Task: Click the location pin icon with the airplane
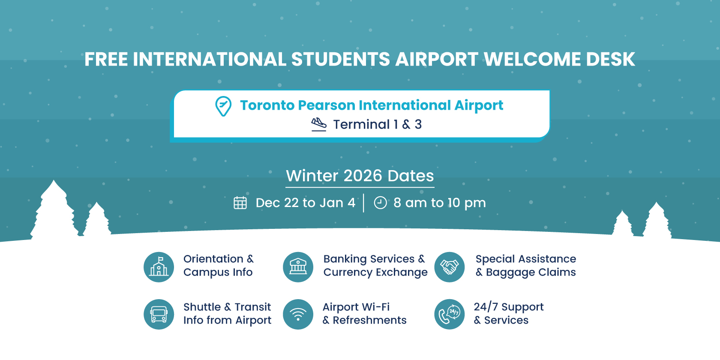(x=223, y=106)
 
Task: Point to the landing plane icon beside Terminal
(x=319, y=124)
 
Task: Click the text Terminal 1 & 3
(x=377, y=124)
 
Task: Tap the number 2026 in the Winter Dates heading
(x=363, y=176)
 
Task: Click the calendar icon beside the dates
(x=240, y=203)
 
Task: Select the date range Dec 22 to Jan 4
(x=305, y=203)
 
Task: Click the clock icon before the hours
(x=380, y=203)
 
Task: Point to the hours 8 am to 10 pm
(x=440, y=203)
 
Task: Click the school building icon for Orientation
(x=159, y=267)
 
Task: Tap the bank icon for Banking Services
(x=298, y=267)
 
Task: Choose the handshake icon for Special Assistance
(x=449, y=267)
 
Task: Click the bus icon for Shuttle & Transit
(x=159, y=315)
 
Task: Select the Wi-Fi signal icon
(x=298, y=315)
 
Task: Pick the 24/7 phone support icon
(x=449, y=315)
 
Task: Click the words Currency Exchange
(x=375, y=272)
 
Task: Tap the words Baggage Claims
(x=531, y=272)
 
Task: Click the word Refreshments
(x=369, y=320)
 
